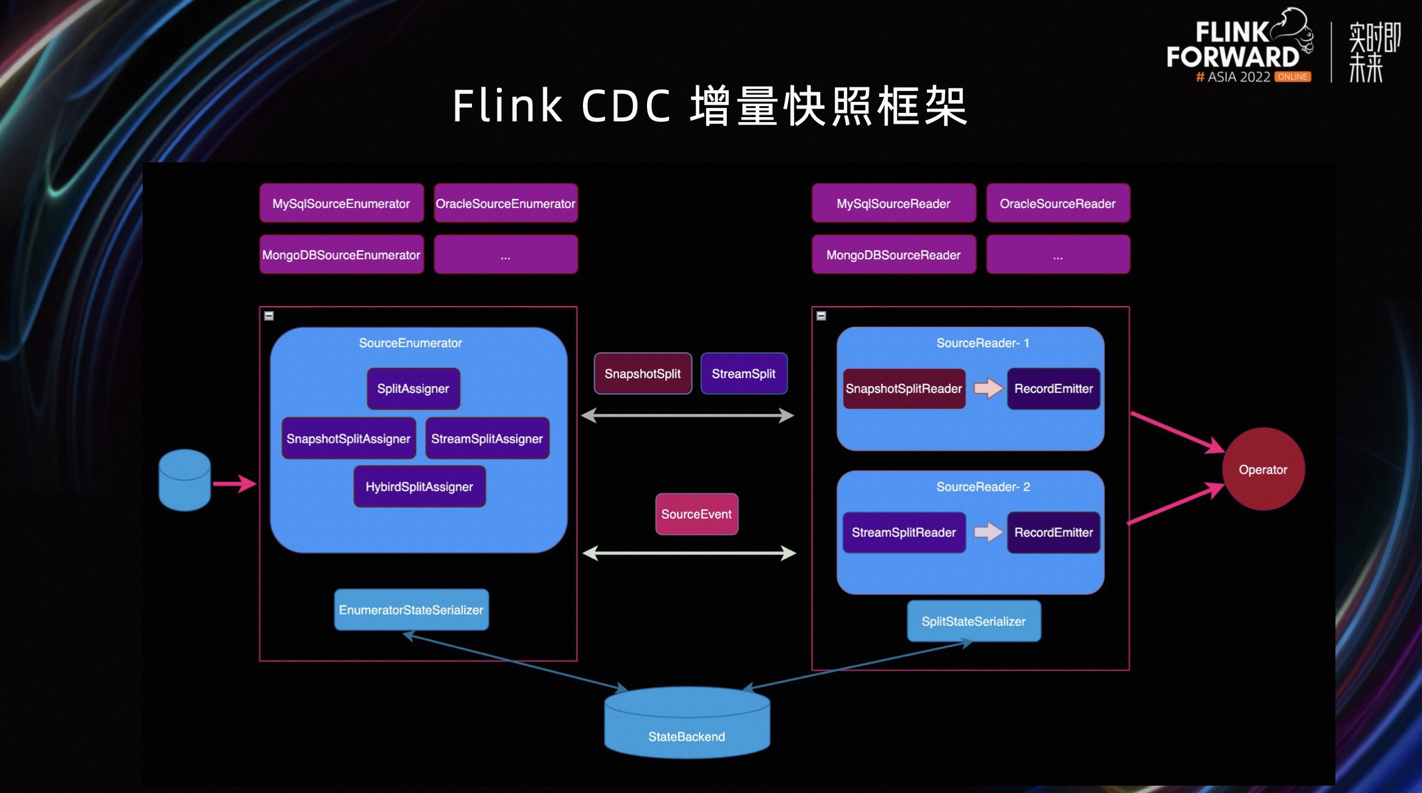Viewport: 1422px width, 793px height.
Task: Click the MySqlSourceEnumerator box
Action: (x=341, y=203)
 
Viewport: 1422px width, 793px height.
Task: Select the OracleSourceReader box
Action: (x=1057, y=203)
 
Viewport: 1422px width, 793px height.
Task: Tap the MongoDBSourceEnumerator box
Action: (x=341, y=254)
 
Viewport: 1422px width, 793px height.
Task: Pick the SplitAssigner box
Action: (x=413, y=389)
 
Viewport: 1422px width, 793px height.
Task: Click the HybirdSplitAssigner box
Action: (x=420, y=486)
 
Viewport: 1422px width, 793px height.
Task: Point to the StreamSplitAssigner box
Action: (x=487, y=438)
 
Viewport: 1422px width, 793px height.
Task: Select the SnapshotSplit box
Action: (x=643, y=373)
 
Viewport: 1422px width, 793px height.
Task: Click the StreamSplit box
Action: (x=743, y=373)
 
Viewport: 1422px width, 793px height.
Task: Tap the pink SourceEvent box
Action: (x=696, y=514)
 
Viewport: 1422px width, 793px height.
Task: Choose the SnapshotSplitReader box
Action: (x=904, y=389)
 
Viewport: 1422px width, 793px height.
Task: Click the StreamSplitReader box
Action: (x=904, y=532)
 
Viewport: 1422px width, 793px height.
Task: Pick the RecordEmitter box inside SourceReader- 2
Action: (x=1053, y=532)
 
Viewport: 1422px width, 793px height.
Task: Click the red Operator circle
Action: (x=1263, y=469)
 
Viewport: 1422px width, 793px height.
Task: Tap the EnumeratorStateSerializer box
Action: (x=411, y=609)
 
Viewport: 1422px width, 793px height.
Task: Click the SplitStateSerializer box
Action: (x=973, y=621)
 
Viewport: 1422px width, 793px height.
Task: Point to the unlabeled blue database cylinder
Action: (x=184, y=481)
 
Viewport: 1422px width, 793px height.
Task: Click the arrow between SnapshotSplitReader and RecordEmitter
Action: (x=987, y=388)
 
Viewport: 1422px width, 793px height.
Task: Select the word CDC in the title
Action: (x=626, y=106)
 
